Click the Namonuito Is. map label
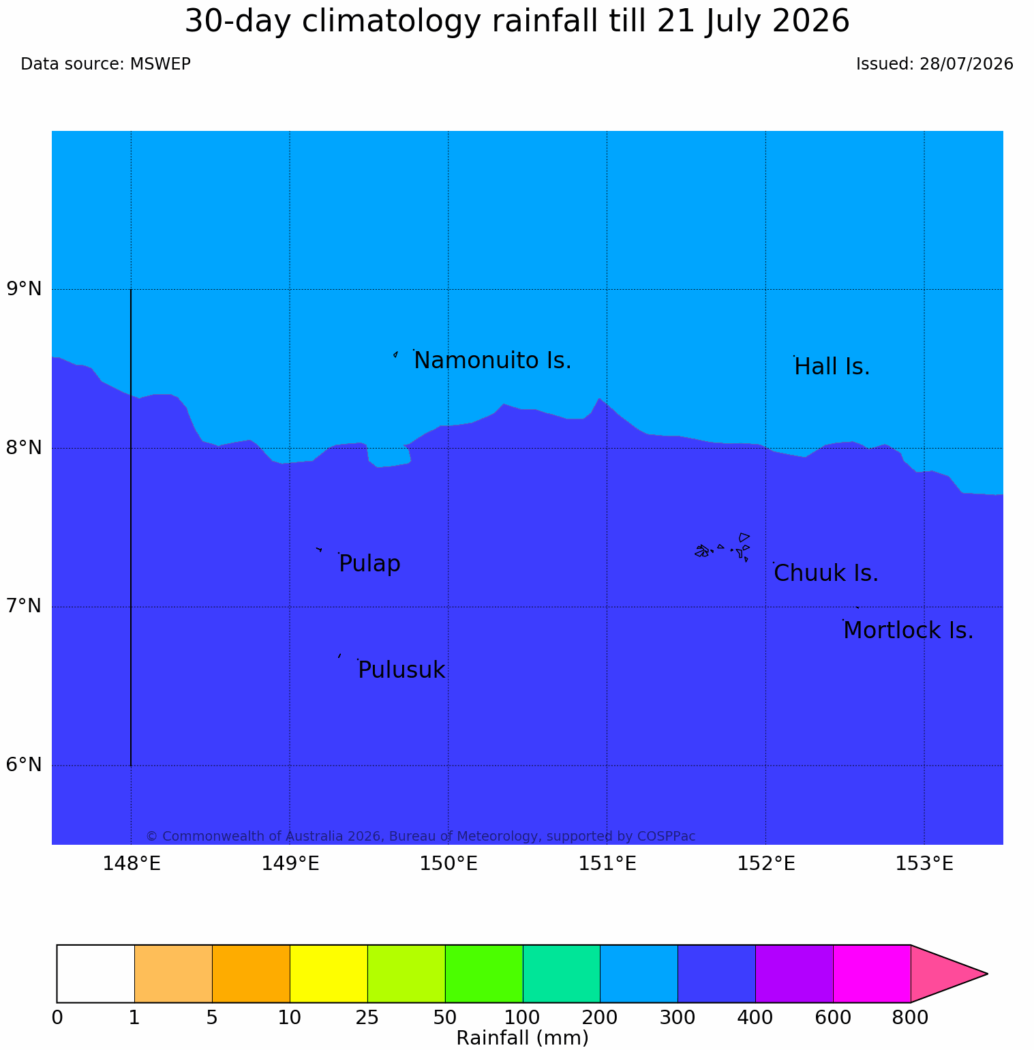pos(493,360)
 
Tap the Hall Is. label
pos(832,367)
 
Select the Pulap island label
pos(369,564)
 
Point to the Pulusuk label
pos(401,670)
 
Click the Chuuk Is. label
pos(826,573)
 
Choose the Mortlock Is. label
pos(908,631)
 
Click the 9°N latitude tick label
pos(25,289)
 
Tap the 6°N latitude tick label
pos(25,765)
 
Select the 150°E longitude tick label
pos(448,864)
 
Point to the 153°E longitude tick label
pos(924,864)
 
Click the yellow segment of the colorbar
pos(329,974)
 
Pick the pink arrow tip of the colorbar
pos(987,974)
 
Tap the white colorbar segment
pos(95,974)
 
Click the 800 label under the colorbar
pos(911,1018)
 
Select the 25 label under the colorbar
pos(367,1018)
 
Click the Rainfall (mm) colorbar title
pos(522,1038)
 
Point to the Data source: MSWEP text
pos(106,64)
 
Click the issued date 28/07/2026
pos(966,64)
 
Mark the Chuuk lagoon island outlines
pos(723,548)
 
